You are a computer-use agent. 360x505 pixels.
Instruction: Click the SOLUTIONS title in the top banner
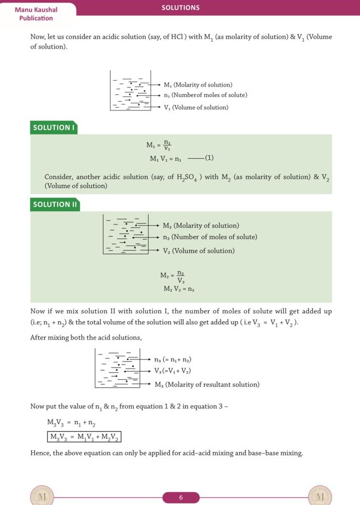point(181,8)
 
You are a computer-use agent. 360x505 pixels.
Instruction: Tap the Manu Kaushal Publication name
point(36,14)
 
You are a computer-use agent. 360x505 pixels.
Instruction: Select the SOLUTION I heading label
point(54,127)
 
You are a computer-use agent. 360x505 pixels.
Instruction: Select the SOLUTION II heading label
point(55,204)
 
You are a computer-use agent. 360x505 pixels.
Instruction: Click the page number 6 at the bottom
point(181,497)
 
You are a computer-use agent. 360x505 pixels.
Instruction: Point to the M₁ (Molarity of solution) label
point(198,85)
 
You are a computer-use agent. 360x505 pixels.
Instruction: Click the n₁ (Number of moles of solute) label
point(205,95)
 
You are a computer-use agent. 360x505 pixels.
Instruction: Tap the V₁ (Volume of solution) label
point(196,107)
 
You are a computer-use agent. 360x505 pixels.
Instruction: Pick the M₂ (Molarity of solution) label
point(201,226)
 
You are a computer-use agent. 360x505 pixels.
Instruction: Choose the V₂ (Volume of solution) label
point(199,251)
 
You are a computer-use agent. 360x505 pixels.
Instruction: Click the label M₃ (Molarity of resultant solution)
point(207,384)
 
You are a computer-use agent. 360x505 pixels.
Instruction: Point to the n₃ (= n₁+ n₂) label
point(172,359)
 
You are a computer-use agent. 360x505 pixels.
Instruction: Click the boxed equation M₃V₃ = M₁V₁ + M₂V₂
point(84,437)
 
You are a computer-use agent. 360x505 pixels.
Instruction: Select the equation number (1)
point(209,159)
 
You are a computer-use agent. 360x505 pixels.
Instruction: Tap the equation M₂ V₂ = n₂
point(179,289)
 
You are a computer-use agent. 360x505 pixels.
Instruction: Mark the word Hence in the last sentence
point(40,453)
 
